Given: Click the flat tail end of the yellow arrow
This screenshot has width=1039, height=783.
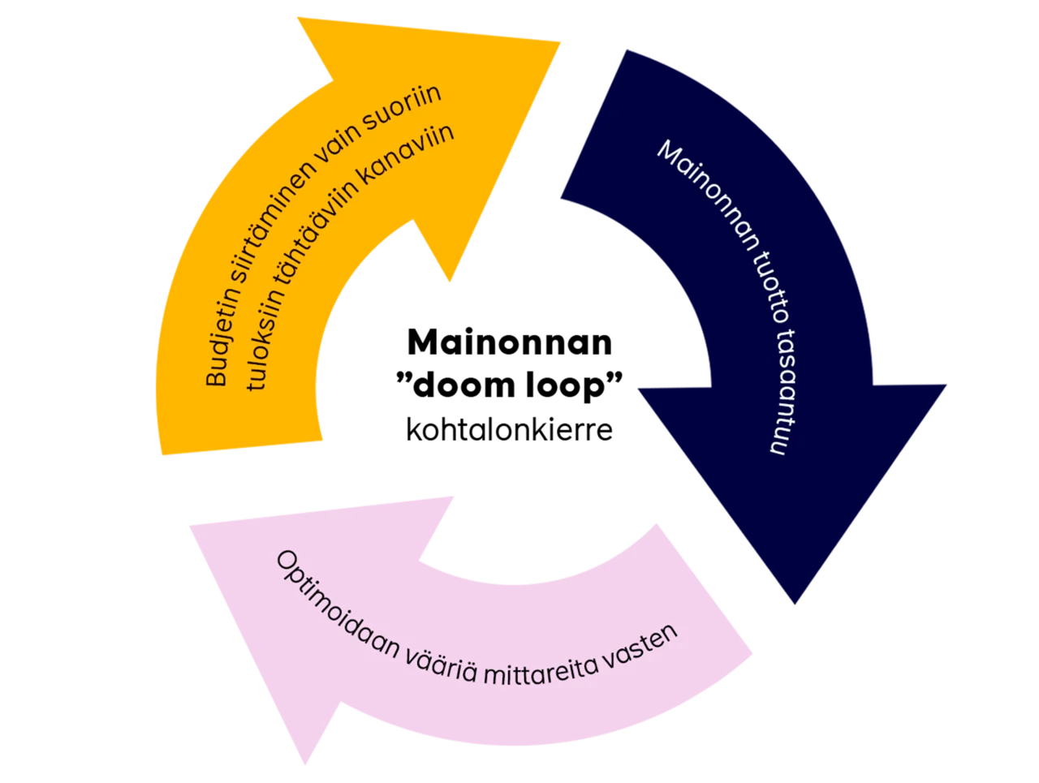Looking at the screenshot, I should (239, 450).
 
